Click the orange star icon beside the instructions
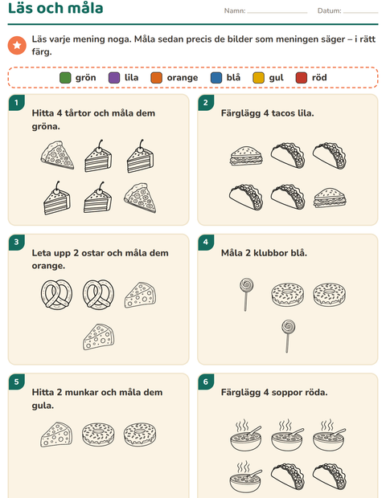coord(17,46)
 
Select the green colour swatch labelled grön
coord(65,77)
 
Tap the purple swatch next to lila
coord(114,77)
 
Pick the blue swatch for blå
coord(216,77)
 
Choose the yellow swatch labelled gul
coord(258,77)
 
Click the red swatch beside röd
coord(302,77)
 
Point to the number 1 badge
coord(17,102)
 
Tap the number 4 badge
coord(206,242)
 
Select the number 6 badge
coord(206,382)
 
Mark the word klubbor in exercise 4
coord(270,253)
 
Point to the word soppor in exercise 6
coord(284,393)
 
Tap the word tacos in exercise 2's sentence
coord(281,113)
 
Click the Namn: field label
coord(235,10)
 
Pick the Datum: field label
coord(330,10)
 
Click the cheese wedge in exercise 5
coord(56,435)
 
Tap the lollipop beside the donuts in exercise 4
coord(246,295)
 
